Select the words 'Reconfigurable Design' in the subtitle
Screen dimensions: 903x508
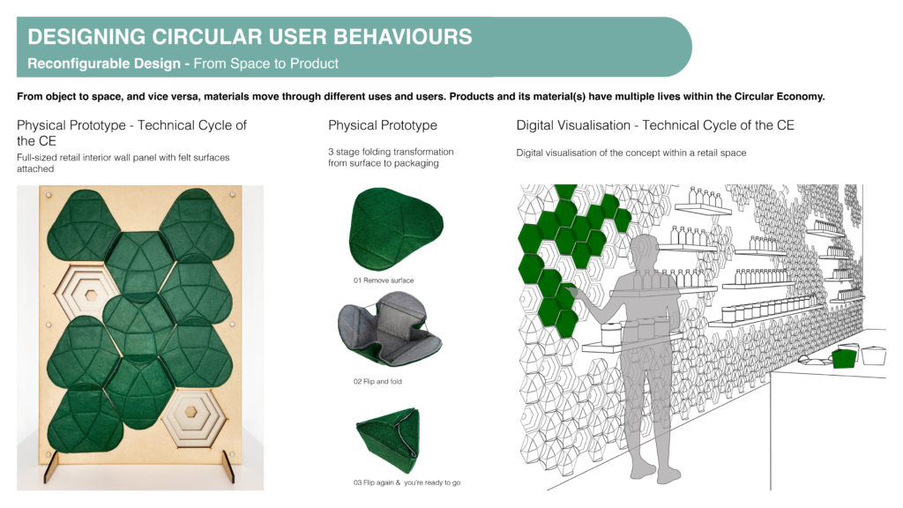[104, 63]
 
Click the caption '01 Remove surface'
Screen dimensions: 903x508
[384, 280]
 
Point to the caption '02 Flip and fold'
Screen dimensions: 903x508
[377, 381]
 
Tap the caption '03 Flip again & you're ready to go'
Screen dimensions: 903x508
[407, 482]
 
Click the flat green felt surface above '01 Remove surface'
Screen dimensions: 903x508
[396, 228]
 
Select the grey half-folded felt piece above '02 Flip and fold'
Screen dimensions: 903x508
[389, 328]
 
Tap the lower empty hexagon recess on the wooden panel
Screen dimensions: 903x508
[191, 413]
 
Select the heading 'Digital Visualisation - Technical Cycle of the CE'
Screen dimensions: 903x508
[655, 125]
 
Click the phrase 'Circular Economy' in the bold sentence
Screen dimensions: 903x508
[780, 96]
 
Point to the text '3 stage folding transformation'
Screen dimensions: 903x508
[391, 152]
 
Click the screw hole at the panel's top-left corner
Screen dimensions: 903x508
[49, 195]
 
